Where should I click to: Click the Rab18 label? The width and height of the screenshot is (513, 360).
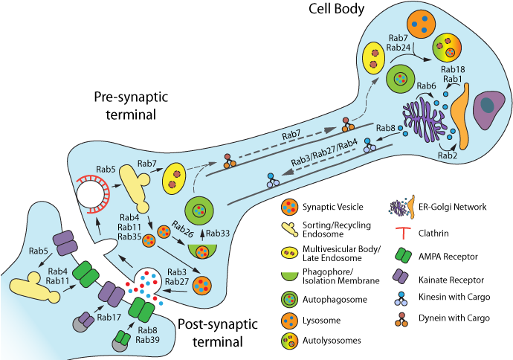click(x=453, y=69)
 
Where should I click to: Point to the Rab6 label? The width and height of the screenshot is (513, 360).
click(x=426, y=86)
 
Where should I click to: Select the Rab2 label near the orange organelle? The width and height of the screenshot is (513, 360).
click(x=447, y=155)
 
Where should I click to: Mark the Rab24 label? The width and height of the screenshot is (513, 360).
click(x=399, y=48)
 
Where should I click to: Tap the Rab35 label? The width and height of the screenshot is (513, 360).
click(x=129, y=237)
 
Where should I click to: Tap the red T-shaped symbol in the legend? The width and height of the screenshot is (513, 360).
click(x=401, y=233)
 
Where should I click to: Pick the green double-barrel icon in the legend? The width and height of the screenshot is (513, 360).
click(x=401, y=255)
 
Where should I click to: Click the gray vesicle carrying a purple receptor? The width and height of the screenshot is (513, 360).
click(x=83, y=322)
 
